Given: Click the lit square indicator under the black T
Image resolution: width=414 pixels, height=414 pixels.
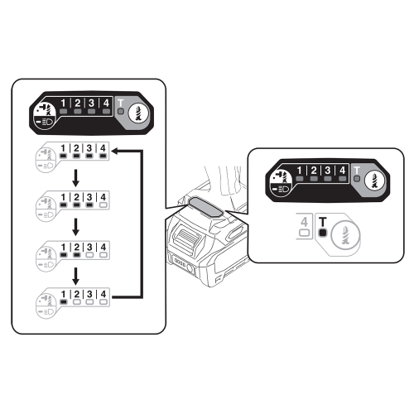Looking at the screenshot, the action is point(322,233).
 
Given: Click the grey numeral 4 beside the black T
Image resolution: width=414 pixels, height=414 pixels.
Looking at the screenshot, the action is point(304,222).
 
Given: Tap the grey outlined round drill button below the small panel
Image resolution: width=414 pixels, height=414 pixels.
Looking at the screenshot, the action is point(345,235).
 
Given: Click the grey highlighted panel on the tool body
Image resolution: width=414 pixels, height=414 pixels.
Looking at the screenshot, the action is point(205,208).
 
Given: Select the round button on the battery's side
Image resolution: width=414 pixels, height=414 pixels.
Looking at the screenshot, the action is point(190,268).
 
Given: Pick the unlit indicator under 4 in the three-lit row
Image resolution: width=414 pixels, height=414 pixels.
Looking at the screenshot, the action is point(103,205).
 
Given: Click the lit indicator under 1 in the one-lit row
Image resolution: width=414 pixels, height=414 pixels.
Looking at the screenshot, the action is point(64,302).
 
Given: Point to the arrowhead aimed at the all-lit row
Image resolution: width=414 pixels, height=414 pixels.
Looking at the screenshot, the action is point(115,151).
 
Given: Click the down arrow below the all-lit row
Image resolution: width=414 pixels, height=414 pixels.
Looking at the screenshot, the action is point(75,178).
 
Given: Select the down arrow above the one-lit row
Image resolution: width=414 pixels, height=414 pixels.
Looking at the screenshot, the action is point(75,276).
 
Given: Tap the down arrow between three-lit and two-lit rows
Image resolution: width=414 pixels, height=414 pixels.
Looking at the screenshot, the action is point(75,227).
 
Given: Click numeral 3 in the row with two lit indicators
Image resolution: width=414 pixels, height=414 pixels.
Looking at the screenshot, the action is point(89,247).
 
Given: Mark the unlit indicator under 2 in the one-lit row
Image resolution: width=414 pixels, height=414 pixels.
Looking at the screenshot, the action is point(77,302).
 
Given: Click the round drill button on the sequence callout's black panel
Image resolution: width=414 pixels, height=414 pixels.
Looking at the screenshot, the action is point(138,113).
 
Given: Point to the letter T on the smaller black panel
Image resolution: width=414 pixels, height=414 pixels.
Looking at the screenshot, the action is point(357,170).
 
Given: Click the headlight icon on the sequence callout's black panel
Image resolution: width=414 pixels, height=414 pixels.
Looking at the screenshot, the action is point(45,122).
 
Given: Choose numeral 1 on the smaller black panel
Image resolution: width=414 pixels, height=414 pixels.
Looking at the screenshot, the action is point(300,171).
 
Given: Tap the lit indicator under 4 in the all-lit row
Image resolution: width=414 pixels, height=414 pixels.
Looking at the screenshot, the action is point(103,156).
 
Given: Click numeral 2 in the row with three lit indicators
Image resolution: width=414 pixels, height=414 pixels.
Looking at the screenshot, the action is point(76,197).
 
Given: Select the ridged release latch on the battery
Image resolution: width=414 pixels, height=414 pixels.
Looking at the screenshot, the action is point(185,236).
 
